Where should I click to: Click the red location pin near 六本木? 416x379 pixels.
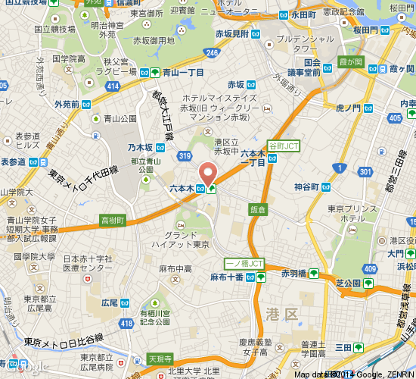tap(206, 172)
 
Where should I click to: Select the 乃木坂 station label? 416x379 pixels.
tap(141, 148)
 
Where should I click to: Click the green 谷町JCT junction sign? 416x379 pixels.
tap(284, 144)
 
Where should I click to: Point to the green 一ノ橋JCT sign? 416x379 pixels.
tap(244, 264)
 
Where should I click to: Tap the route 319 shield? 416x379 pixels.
tap(185, 156)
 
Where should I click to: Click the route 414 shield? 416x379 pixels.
tap(113, 86)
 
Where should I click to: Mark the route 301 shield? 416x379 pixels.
tap(366, 173)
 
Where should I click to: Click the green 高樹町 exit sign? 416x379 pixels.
tap(112, 220)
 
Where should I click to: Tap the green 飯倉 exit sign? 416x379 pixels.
tap(258, 208)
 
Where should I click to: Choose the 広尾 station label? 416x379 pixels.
tap(109, 302)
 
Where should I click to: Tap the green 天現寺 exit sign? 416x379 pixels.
tap(160, 358)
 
